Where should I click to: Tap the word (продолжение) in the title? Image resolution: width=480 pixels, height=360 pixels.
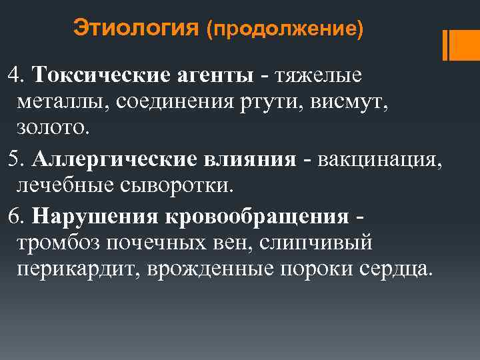pos(285,31)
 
